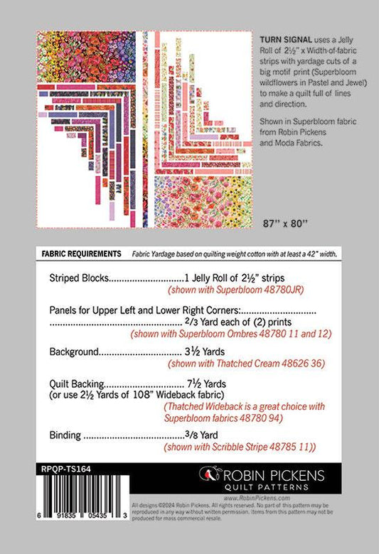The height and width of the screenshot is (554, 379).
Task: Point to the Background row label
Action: click(75, 351)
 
